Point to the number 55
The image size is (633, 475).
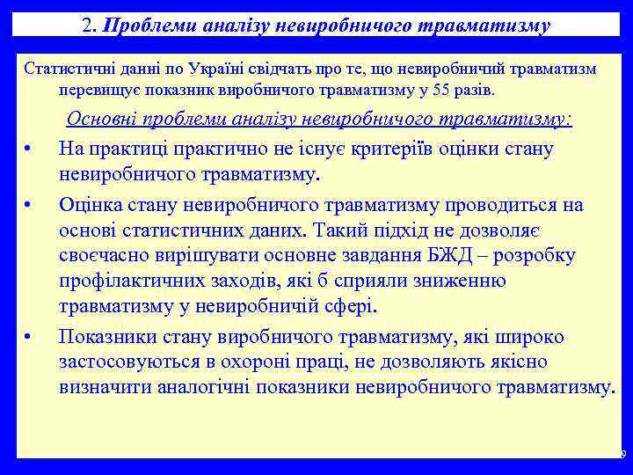click(449, 90)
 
